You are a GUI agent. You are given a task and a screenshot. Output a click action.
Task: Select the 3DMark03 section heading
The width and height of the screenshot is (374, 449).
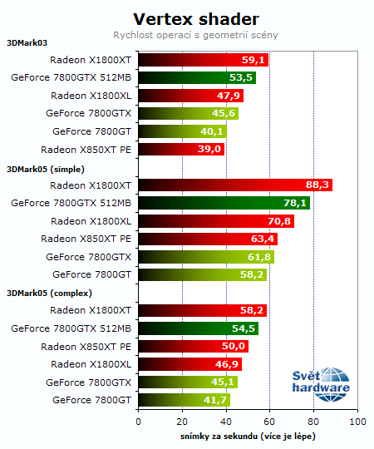[27, 45]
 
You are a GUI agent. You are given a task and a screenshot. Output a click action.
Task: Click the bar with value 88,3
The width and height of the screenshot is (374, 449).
[234, 185]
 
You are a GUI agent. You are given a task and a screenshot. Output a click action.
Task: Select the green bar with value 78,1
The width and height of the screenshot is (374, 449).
[224, 203]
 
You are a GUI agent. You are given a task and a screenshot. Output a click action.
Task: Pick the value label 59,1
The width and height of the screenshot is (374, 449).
[253, 60]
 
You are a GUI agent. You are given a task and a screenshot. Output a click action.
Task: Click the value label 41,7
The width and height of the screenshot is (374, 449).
[214, 400]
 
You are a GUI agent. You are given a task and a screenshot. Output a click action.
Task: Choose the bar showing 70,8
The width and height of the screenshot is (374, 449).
[215, 221]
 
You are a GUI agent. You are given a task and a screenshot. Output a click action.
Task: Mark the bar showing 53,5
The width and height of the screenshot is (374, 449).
[196, 78]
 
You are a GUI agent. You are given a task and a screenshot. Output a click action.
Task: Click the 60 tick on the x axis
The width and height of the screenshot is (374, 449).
[269, 422]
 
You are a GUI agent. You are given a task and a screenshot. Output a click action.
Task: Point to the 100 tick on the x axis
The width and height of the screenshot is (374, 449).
[357, 422]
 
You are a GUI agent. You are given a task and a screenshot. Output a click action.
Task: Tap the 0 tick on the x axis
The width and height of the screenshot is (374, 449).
[138, 422]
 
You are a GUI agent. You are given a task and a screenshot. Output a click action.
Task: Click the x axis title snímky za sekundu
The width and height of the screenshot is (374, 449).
[247, 436]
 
